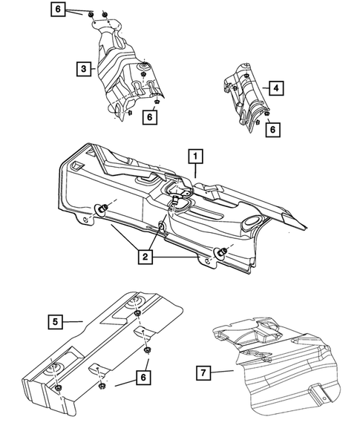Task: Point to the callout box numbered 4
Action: coord(276,88)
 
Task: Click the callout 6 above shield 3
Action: coord(58,10)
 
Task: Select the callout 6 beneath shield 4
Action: coord(273,128)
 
